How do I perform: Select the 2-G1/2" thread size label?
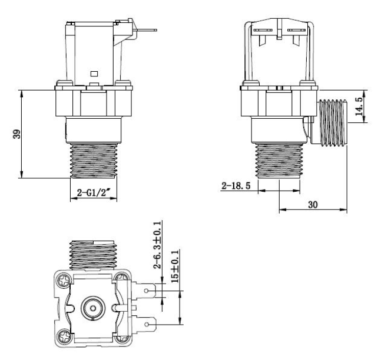point(94,191)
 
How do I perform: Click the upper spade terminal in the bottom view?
point(148,290)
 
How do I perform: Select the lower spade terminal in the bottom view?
point(148,322)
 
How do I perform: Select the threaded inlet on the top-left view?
point(94,160)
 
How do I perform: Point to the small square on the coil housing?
point(94,74)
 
